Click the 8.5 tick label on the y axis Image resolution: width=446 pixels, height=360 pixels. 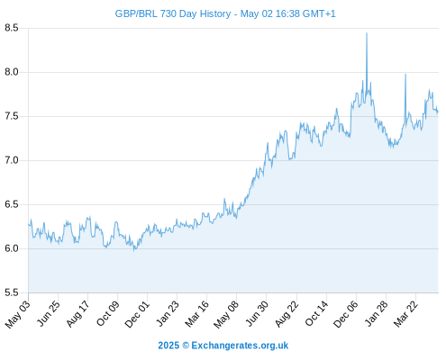click(12, 28)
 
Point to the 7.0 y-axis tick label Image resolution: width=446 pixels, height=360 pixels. click(12, 160)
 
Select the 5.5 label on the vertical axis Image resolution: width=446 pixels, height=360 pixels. click(12, 292)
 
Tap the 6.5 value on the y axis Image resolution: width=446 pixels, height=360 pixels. click(12, 204)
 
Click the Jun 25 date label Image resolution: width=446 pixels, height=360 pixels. click(48, 313)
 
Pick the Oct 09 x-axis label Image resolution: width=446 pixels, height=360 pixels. click(107, 313)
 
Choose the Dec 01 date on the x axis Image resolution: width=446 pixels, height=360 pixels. click(137, 314)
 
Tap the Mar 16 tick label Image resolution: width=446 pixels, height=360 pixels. click(196, 314)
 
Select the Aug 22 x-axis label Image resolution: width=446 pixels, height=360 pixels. click(287, 314)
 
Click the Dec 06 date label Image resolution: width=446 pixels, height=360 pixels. click(346, 314)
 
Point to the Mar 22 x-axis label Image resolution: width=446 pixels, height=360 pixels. click(405, 314)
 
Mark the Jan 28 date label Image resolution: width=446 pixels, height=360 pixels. click(376, 314)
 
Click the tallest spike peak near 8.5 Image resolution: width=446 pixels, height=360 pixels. click(367, 33)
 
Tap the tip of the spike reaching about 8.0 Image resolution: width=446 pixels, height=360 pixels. click(405, 74)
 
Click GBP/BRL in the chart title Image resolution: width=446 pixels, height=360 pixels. click(136, 13)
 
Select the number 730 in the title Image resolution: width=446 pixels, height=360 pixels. click(168, 13)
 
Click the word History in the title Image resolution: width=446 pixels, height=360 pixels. click(215, 14)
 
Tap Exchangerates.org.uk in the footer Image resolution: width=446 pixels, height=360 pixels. click(240, 346)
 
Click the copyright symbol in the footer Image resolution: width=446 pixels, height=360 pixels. click(186, 346)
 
